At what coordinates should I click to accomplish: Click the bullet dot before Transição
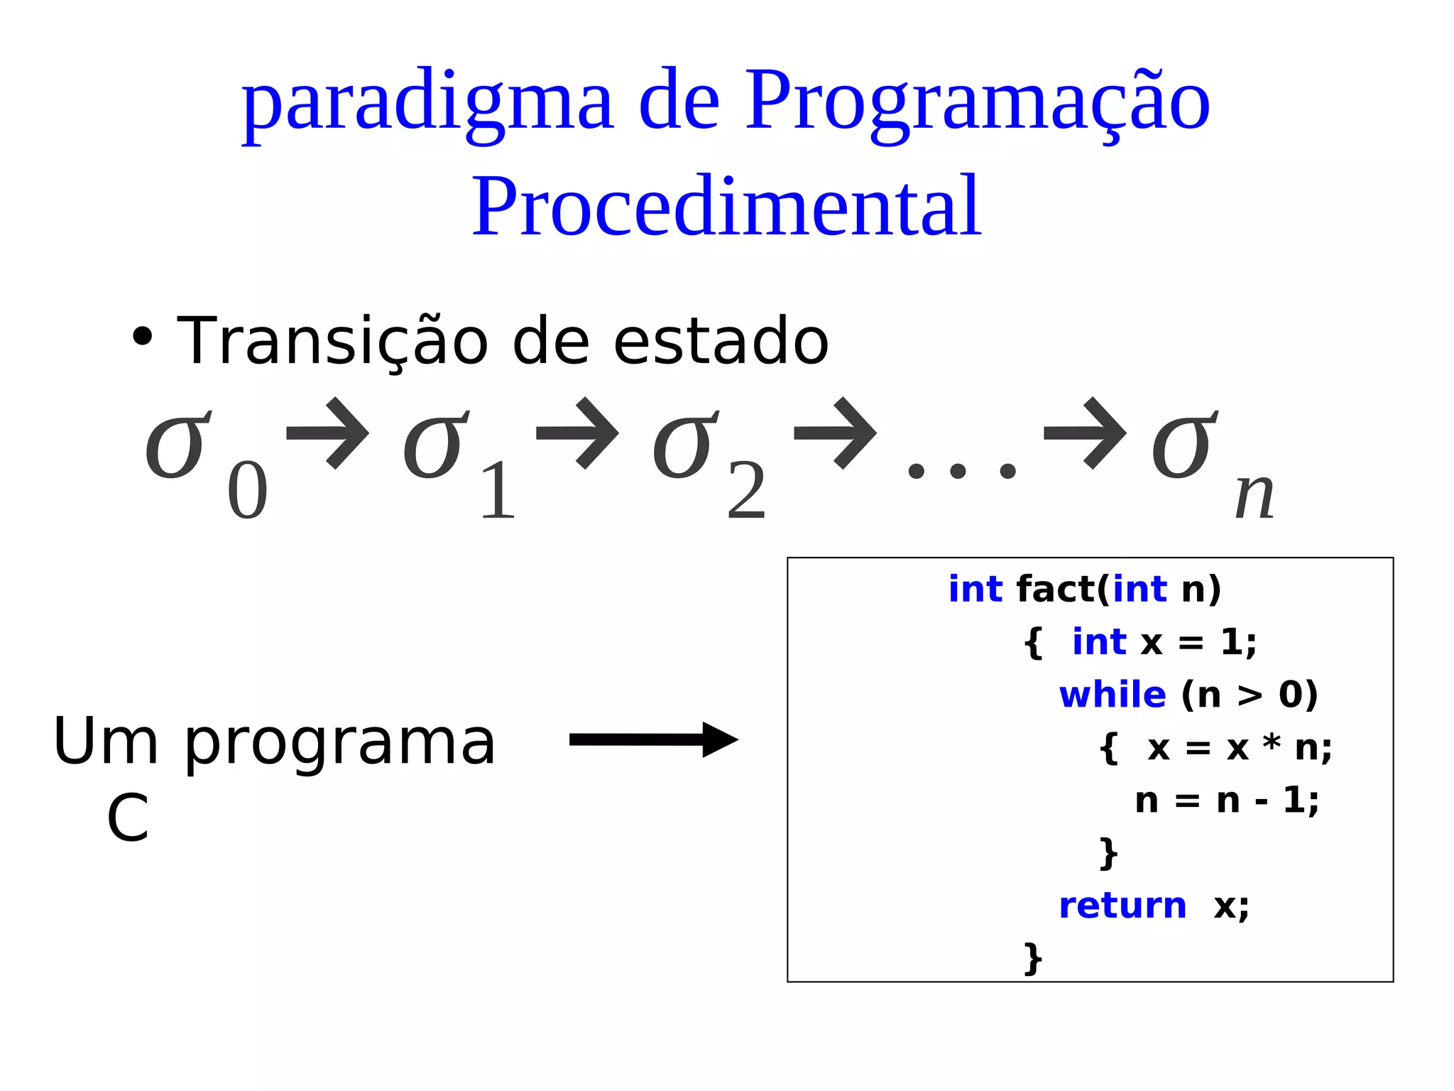tap(143, 337)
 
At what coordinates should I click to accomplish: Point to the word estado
tap(720, 342)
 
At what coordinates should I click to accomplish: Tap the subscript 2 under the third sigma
tap(746, 492)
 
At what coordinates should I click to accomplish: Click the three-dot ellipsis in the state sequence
tap(962, 471)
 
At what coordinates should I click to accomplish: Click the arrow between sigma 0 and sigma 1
tap(328, 433)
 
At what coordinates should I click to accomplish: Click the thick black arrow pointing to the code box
tap(653, 740)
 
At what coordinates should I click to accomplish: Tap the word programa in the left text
tap(340, 744)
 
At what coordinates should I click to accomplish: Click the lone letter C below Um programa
tap(128, 818)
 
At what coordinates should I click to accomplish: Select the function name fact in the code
tap(1056, 590)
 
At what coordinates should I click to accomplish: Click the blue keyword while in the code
tap(1112, 695)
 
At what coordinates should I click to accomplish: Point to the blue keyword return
tap(1122, 906)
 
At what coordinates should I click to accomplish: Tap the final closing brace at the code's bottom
tap(1033, 958)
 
